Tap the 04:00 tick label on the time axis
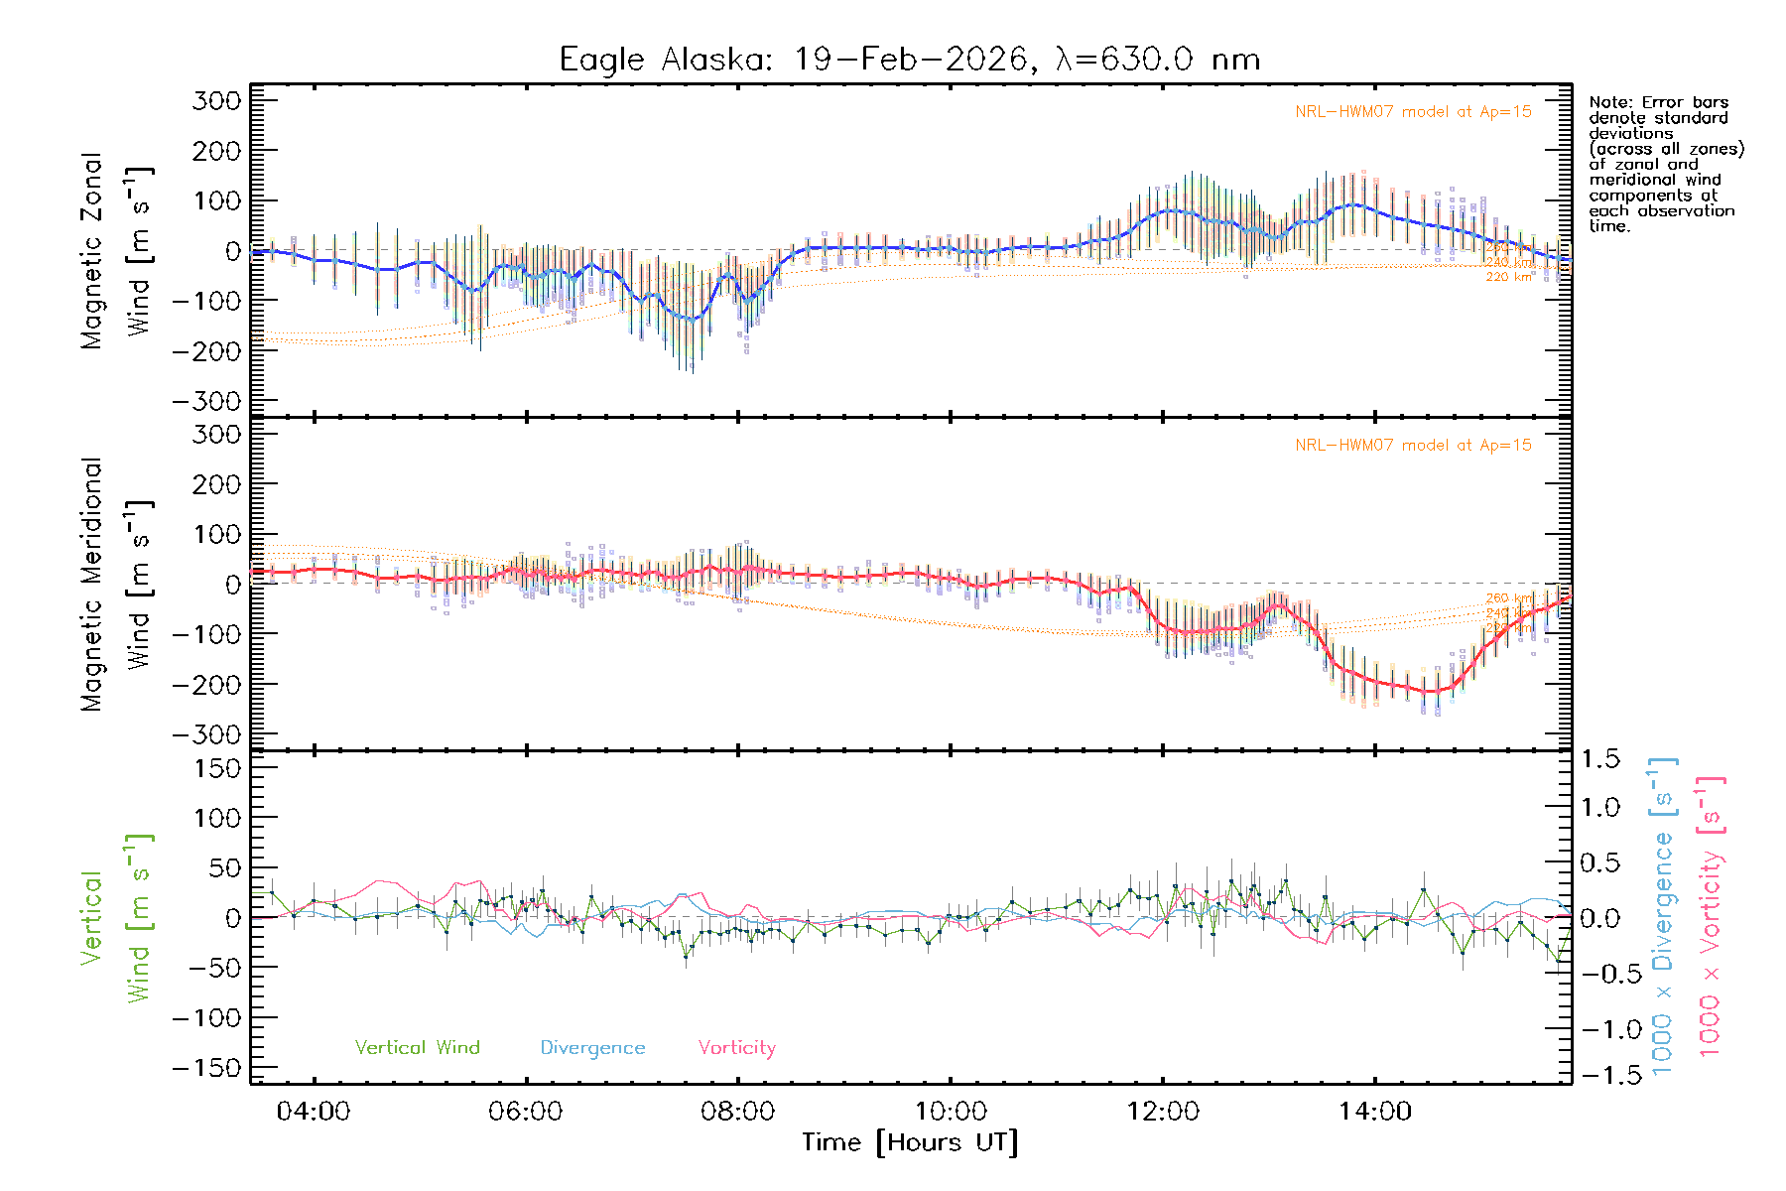click(314, 1112)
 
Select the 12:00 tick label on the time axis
click(1162, 1112)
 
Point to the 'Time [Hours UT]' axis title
click(910, 1142)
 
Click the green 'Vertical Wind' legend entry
click(417, 1048)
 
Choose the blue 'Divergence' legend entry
click(592, 1048)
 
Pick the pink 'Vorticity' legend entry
click(736, 1048)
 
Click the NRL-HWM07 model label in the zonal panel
click(1413, 112)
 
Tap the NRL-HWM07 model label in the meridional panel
click(1413, 446)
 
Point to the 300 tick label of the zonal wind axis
click(217, 101)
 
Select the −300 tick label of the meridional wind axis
click(207, 735)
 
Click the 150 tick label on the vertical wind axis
click(217, 769)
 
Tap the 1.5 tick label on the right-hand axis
click(1599, 760)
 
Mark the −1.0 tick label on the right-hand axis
click(1599, 1029)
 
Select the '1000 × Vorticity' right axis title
click(1711, 918)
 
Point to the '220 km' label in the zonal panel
click(1508, 277)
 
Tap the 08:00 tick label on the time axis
click(737, 1112)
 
